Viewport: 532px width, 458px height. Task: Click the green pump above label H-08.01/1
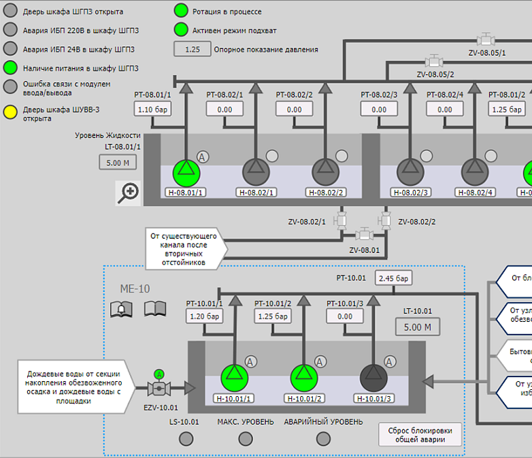tap(185, 172)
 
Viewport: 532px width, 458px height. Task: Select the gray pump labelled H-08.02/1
tap(256, 172)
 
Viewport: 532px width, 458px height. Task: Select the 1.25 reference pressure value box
tap(193, 49)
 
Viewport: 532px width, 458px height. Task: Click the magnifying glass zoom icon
tap(129, 193)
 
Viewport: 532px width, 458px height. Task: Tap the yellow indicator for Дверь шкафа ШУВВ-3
tap(10, 112)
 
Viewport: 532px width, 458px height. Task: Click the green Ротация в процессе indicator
tap(180, 11)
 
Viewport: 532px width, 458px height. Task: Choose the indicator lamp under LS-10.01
tap(184, 438)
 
